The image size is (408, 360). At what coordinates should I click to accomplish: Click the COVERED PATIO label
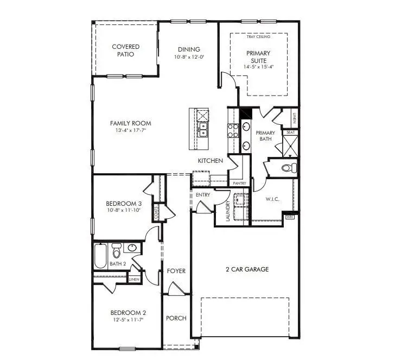tap(126, 50)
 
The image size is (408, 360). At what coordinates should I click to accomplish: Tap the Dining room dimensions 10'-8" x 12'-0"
tap(187, 57)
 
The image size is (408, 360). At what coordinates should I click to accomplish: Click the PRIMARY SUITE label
tap(259, 56)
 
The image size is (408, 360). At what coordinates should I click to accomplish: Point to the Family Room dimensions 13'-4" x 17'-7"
tap(130, 131)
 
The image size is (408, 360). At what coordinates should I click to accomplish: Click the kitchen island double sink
tap(203, 130)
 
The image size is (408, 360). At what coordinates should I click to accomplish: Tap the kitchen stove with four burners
tap(233, 130)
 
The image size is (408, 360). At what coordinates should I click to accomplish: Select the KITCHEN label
tap(211, 161)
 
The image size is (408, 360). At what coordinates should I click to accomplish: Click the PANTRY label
tap(239, 184)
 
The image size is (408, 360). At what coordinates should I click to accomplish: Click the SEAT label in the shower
tap(290, 132)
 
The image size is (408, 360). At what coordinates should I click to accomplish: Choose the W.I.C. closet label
tap(272, 199)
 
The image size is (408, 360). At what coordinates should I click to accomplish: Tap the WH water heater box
tap(289, 217)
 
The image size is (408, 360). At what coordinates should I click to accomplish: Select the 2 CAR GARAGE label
tap(247, 269)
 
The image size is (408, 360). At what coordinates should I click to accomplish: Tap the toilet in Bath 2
tap(116, 252)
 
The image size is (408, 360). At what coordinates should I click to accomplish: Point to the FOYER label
tap(176, 270)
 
